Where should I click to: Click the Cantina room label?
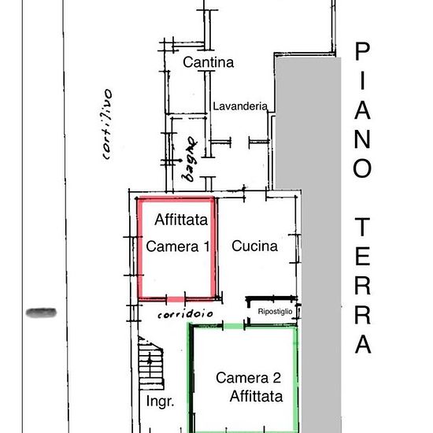(x=208, y=62)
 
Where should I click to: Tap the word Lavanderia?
(x=240, y=106)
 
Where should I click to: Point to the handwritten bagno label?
(x=189, y=159)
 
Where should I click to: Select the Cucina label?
(x=254, y=246)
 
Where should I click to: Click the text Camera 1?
(x=178, y=246)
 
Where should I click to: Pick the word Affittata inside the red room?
(x=181, y=220)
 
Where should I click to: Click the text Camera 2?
(x=249, y=378)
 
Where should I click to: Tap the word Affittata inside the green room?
(x=257, y=396)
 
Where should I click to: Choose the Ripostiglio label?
(x=275, y=312)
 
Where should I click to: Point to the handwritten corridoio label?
(x=185, y=313)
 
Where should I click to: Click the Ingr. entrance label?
(x=160, y=402)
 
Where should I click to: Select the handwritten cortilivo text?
(x=107, y=124)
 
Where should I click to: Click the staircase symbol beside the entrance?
(x=150, y=363)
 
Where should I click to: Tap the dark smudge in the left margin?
(x=41, y=313)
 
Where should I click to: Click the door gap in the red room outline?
(x=176, y=299)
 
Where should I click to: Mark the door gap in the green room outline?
(x=233, y=327)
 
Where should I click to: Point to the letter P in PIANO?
(x=362, y=51)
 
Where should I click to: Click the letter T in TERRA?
(x=362, y=227)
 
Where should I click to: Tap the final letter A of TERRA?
(x=363, y=344)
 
